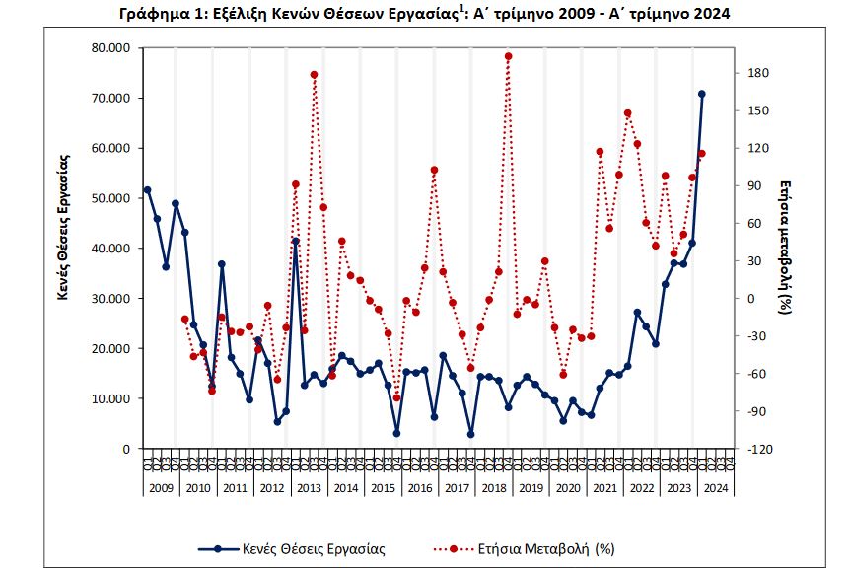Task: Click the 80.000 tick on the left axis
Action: [x=108, y=48]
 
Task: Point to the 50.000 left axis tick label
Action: [x=108, y=198]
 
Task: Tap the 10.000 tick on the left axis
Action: [x=108, y=399]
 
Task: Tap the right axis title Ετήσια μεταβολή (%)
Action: [x=786, y=247]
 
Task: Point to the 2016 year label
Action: [x=420, y=488]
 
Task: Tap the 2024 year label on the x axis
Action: [x=717, y=488]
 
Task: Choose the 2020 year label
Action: [x=568, y=488]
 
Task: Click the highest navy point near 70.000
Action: [x=702, y=94]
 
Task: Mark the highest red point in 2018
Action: [x=508, y=56]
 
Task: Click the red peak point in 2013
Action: [x=314, y=75]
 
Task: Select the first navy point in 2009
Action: [x=147, y=189]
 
